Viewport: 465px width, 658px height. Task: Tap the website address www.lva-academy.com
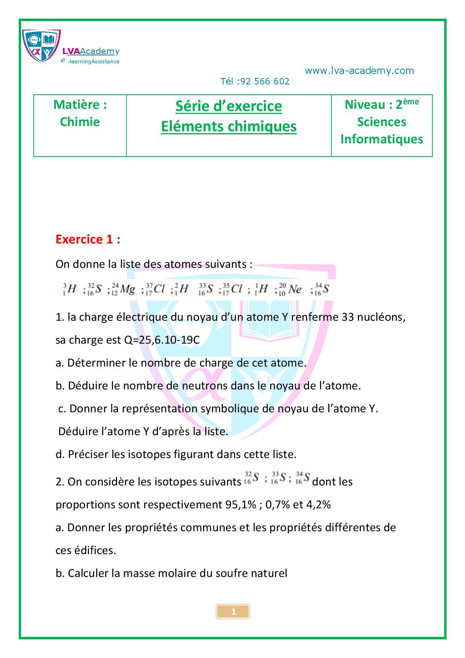359,71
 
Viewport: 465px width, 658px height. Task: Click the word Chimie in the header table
80,122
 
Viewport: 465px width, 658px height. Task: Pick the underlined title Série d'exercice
229,106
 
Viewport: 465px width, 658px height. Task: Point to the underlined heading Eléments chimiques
229,126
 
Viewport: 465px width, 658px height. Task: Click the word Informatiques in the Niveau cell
382,139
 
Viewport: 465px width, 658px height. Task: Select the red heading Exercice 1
88,239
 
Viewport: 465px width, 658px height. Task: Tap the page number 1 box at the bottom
233,612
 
